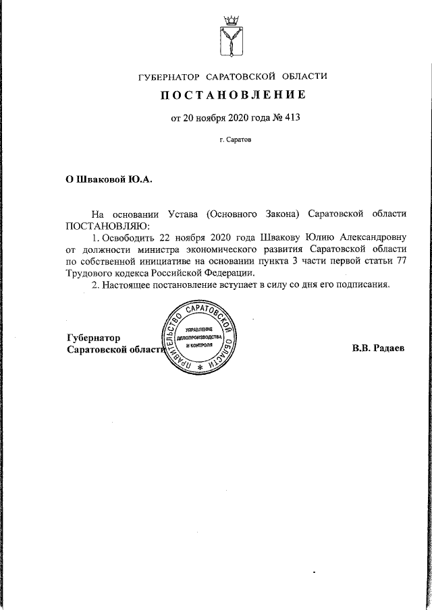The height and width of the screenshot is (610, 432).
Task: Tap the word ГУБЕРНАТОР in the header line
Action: point(166,76)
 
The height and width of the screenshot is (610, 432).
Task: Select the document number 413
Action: point(291,118)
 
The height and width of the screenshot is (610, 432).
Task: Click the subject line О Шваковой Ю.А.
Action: point(109,180)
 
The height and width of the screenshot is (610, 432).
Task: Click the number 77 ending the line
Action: point(401,261)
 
